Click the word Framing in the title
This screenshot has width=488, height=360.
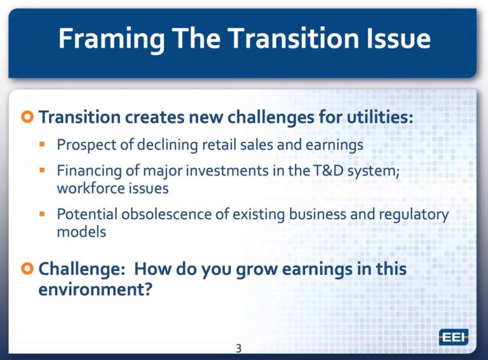click(x=111, y=39)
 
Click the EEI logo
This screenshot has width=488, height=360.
click(x=454, y=337)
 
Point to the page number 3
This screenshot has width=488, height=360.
click(x=239, y=348)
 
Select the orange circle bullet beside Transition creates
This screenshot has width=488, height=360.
click(x=27, y=117)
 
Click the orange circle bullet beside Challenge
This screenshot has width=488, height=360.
click(x=27, y=268)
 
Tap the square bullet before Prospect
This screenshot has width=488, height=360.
click(x=43, y=144)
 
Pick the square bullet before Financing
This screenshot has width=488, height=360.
click(x=43, y=170)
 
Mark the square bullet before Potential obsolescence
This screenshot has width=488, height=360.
click(x=43, y=214)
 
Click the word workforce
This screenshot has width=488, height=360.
click(x=88, y=188)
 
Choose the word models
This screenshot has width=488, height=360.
click(x=81, y=232)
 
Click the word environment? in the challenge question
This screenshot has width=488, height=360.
click(x=95, y=289)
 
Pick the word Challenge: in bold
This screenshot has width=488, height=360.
click(x=82, y=269)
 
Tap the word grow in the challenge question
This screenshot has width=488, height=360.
click(x=257, y=270)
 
